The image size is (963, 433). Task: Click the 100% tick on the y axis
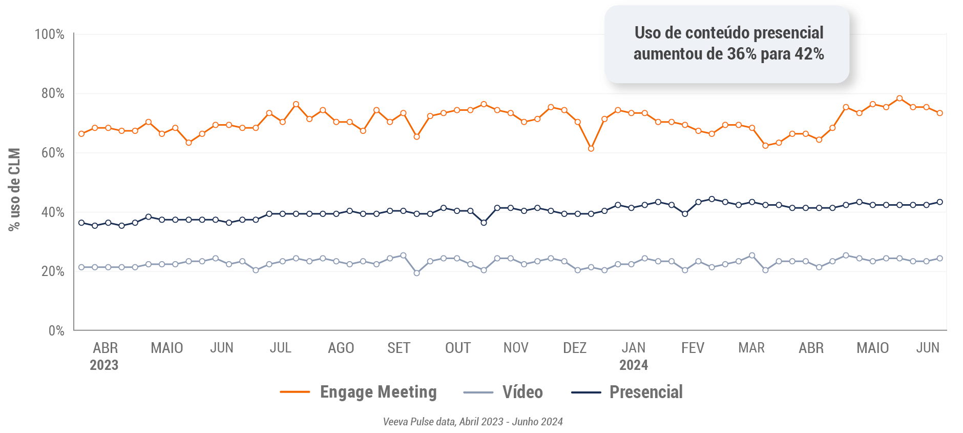coord(50,34)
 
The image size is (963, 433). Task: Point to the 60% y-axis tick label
coord(53,153)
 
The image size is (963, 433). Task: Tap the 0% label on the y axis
coord(56,330)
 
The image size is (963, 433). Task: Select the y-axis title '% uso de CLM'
coord(14,190)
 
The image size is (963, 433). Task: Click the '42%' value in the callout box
coord(809,54)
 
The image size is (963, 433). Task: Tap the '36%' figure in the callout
coord(741,54)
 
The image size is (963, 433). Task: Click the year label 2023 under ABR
coord(104,365)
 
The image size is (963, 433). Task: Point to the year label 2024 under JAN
coord(634,365)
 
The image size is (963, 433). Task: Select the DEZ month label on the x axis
coord(575,348)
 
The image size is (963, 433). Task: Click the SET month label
coord(399,348)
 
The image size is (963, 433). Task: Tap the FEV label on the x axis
coord(693,348)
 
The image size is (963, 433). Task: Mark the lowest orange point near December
coord(591,149)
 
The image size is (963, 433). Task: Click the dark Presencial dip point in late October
coord(484,223)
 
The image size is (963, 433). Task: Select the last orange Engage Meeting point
coord(940,113)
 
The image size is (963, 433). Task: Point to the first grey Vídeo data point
coord(81,267)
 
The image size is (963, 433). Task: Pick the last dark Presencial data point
coord(940,202)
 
